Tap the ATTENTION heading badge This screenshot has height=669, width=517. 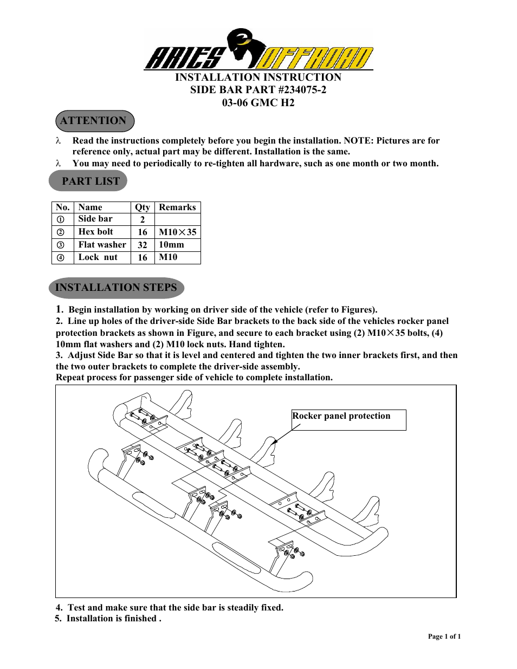[94, 121]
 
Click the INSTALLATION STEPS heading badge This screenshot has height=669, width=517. [116, 288]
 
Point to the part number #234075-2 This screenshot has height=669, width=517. [302, 90]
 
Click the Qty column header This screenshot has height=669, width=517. [143, 207]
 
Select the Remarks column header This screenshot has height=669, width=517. [177, 207]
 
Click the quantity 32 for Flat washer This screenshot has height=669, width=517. [143, 245]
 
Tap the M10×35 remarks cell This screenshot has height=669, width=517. [177, 232]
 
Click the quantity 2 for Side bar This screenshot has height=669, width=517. [143, 219]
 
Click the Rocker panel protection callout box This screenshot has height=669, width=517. [348, 420]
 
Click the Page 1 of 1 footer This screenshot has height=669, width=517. [444, 636]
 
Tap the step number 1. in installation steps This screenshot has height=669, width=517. [60, 309]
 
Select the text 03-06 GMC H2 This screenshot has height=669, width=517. [258, 103]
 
